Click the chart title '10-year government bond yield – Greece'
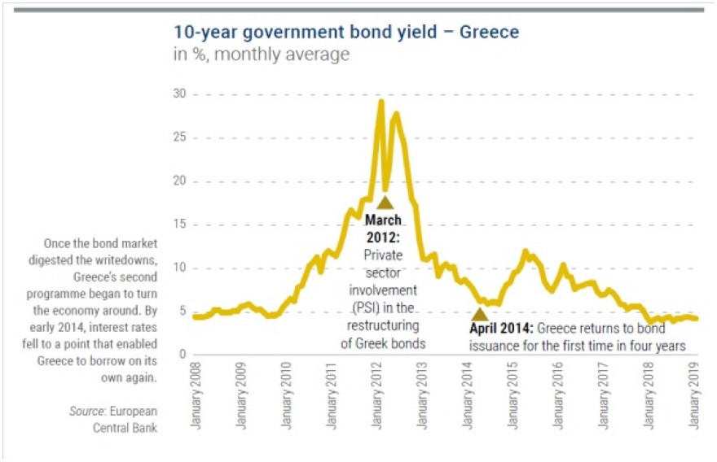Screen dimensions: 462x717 346,33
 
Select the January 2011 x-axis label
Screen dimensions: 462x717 334,399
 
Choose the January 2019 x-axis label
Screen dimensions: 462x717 695,399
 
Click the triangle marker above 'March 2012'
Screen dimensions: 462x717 385,203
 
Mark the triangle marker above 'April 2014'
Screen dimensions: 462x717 480,314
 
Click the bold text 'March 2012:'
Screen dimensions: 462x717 383,228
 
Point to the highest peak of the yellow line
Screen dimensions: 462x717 380,101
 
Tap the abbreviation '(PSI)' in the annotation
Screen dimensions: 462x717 366,307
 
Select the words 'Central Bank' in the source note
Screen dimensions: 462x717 124,428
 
